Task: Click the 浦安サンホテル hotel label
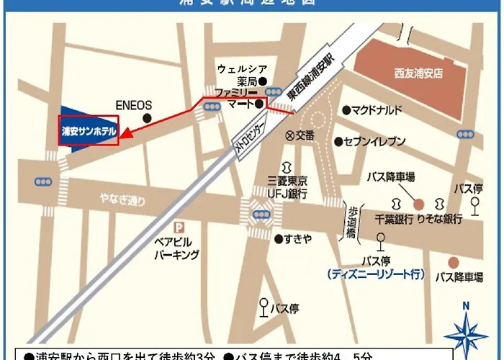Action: [x=88, y=132]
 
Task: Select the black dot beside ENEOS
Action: [x=148, y=117]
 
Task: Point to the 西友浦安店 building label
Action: [x=419, y=73]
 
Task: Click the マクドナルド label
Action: [x=377, y=110]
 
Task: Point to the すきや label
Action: [x=298, y=237]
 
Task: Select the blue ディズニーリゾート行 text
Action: [x=375, y=274]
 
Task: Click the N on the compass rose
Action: [x=466, y=305]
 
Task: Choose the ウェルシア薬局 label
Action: [x=238, y=76]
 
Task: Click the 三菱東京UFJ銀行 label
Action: [x=287, y=188]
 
